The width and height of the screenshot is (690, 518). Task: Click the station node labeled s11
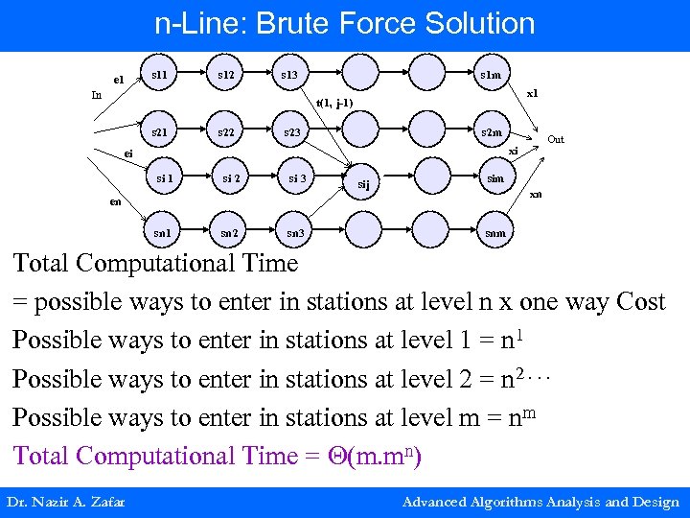point(160,74)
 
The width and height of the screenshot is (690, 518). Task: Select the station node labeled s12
point(226,74)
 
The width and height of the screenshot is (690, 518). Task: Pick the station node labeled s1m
point(490,74)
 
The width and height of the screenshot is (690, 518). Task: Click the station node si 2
point(231,177)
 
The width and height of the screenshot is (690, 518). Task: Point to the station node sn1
point(163,232)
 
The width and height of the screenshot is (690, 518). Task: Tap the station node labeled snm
point(494,232)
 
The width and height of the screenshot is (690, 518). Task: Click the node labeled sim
point(495,178)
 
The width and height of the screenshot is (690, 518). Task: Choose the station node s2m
point(491,132)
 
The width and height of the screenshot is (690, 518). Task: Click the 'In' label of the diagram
point(96,95)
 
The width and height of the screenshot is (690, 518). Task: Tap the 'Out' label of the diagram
point(556,140)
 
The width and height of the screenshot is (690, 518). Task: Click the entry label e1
point(118,79)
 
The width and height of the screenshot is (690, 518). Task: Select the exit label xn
point(536,195)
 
